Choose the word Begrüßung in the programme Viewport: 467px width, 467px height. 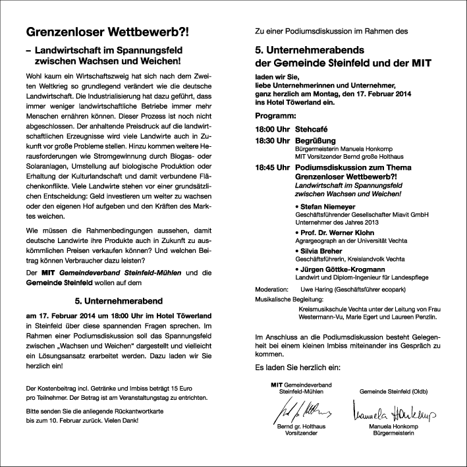pos(316,141)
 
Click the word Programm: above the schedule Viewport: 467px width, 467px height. pos(276,115)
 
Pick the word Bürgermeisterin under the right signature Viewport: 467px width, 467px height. pos(392,435)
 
